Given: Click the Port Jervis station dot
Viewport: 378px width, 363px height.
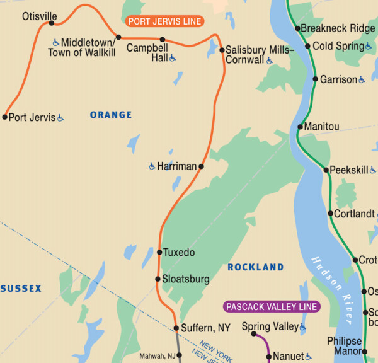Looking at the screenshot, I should point(5,117).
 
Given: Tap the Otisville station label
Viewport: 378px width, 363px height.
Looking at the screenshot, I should point(39,16).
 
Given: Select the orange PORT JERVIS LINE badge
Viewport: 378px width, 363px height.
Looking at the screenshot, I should point(165,21).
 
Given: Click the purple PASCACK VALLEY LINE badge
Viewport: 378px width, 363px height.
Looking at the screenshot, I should point(272,307).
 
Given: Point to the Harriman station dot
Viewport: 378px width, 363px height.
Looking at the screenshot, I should point(201,166).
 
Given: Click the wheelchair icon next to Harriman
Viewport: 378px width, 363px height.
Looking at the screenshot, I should point(152,166).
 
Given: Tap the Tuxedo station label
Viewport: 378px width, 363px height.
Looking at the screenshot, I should point(179,253).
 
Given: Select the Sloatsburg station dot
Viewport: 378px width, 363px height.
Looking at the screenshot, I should point(158,279).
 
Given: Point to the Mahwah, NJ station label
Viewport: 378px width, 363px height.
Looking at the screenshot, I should point(157,356).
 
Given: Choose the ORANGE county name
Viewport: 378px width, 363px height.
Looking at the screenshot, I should point(111,115).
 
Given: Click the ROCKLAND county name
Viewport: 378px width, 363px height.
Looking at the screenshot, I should point(255,267).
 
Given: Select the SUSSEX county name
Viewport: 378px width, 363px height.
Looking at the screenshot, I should point(21,289).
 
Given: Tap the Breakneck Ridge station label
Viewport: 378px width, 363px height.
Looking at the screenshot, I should point(338,28).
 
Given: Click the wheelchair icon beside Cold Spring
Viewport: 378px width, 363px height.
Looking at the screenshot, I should point(369,46).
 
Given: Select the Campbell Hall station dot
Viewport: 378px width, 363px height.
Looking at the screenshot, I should point(163,39).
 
